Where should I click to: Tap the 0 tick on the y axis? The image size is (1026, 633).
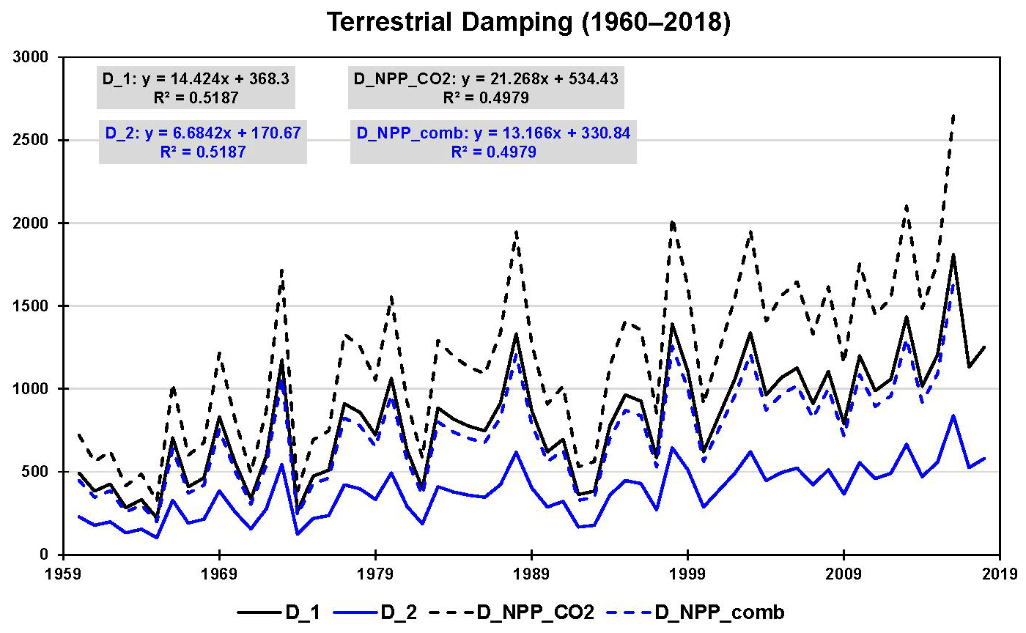(44, 555)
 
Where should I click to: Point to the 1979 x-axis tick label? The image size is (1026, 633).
(375, 572)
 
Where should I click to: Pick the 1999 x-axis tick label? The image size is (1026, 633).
(687, 572)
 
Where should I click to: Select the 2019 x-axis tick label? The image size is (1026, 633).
(999, 572)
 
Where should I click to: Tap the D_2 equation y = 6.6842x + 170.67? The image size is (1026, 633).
(202, 133)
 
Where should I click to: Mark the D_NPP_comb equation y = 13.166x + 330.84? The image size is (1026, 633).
(492, 133)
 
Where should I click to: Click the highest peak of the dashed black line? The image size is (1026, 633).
(952, 115)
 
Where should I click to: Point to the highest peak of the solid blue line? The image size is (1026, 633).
(952, 415)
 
